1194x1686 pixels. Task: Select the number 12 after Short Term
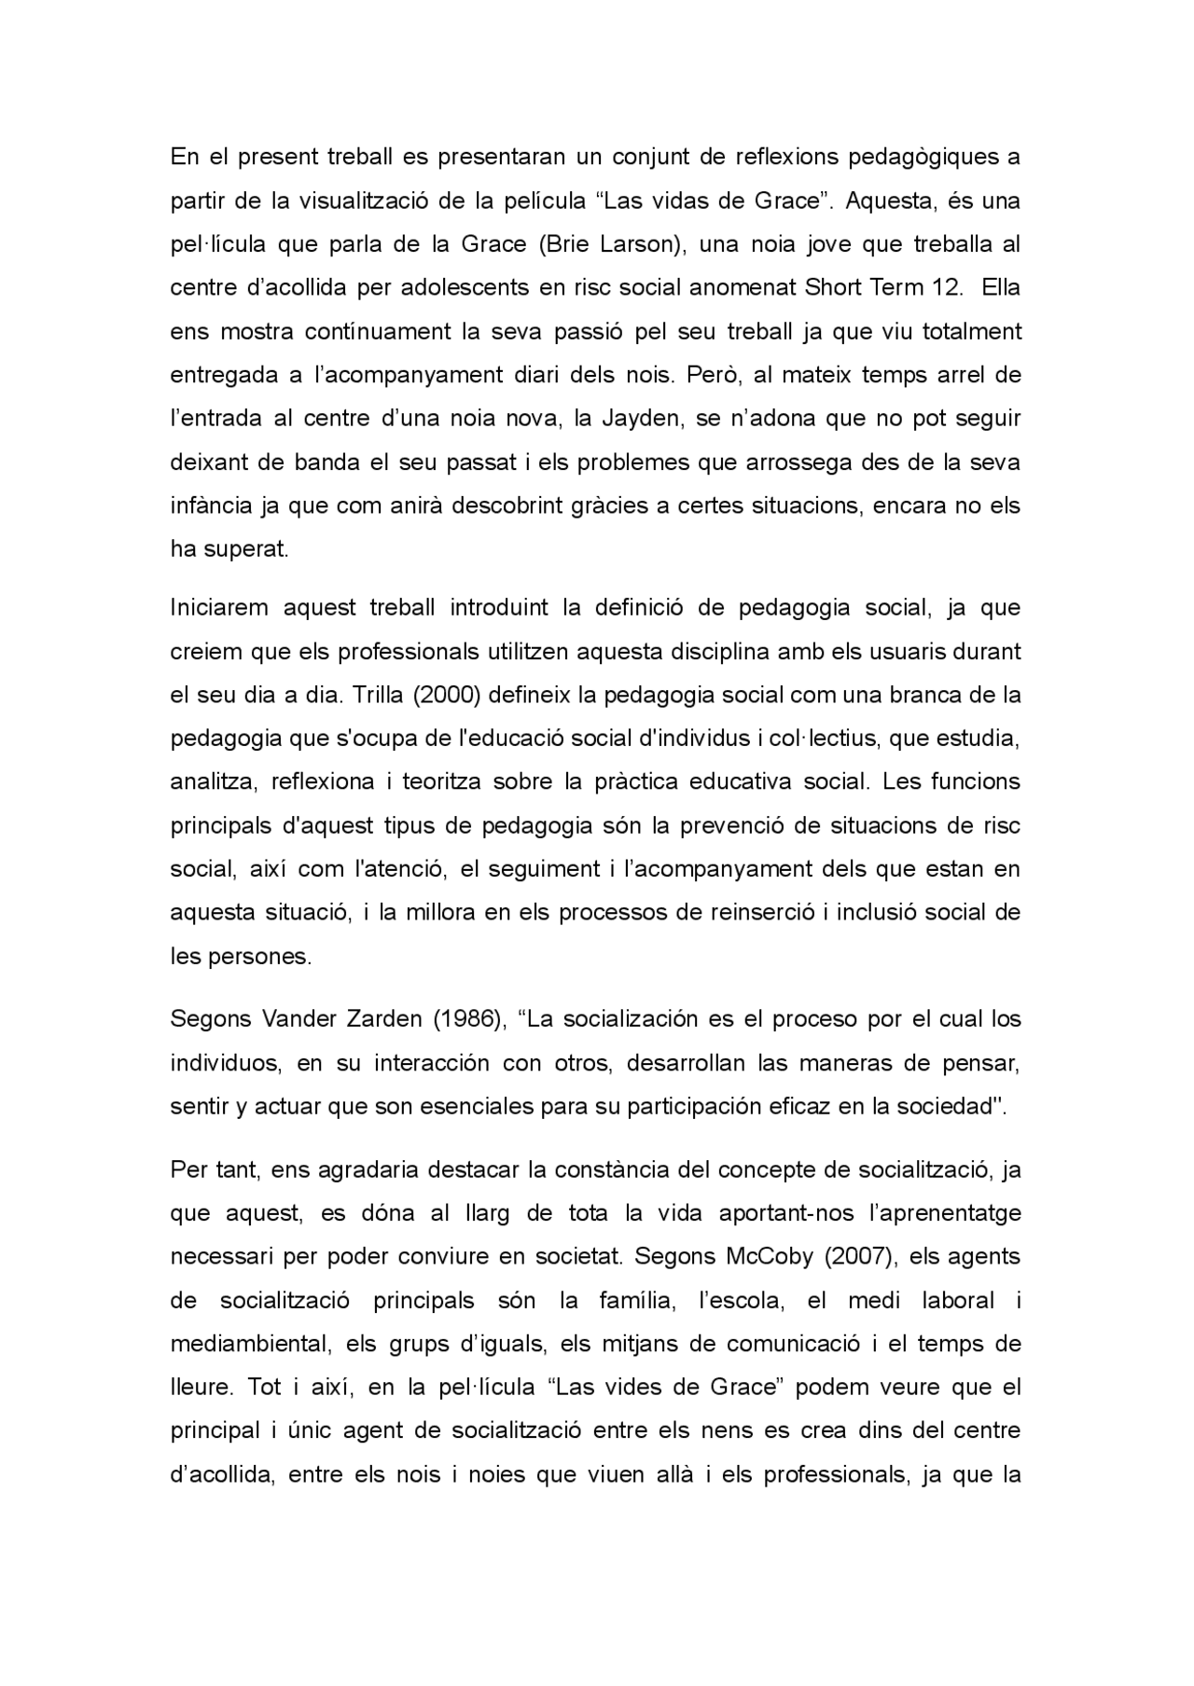click(x=946, y=287)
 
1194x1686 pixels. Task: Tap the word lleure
click(x=199, y=1387)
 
